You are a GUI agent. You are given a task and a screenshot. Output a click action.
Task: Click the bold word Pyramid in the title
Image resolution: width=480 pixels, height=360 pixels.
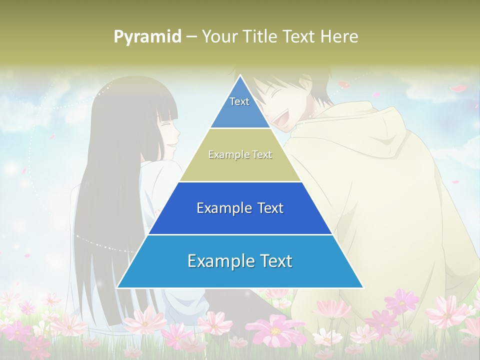click(x=147, y=36)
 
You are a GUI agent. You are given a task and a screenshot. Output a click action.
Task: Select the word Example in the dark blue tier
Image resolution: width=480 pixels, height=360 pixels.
click(x=218, y=208)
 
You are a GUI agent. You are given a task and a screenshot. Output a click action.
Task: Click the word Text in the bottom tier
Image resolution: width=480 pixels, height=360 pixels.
click(x=275, y=261)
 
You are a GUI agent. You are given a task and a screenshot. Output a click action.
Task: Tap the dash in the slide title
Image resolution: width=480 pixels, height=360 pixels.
click(x=191, y=36)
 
